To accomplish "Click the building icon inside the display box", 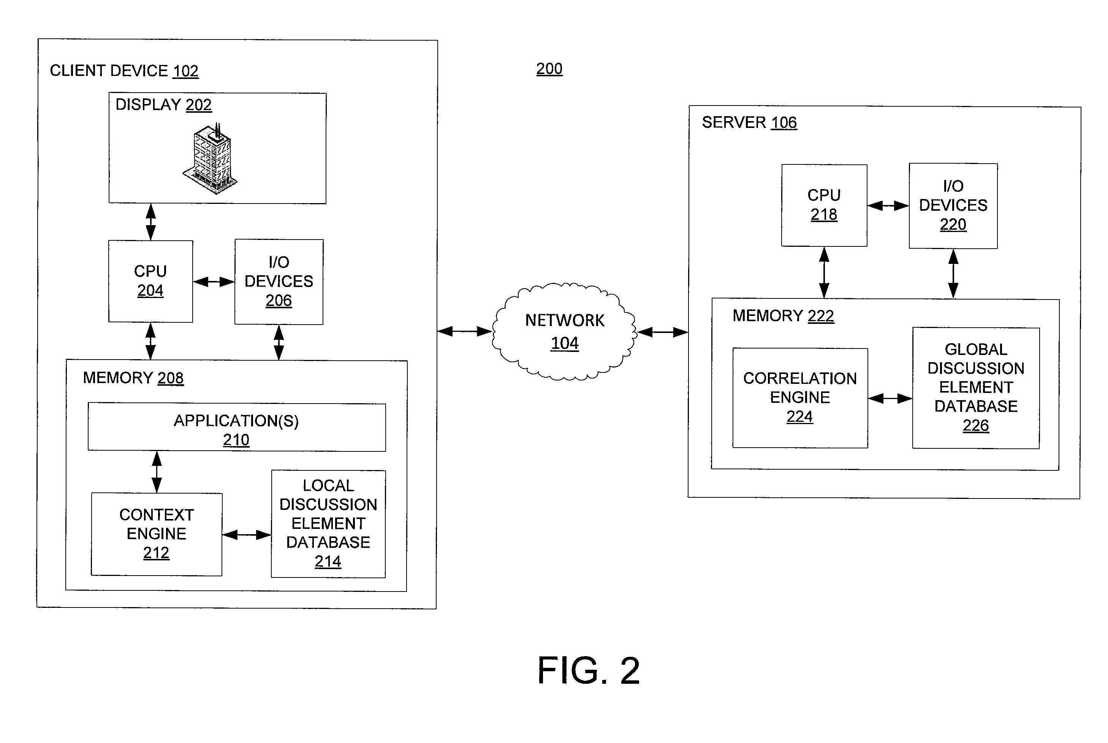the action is [211, 158].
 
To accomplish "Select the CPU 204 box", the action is [150, 281].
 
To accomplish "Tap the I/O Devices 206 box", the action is [279, 282].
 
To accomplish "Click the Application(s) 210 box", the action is [237, 427].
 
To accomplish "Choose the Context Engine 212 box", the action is [157, 534].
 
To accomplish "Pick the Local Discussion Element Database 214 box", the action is [328, 524].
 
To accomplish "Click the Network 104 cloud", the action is [564, 332].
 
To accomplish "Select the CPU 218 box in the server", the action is [824, 205].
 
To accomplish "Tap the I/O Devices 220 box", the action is [953, 206].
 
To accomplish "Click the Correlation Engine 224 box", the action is [800, 398].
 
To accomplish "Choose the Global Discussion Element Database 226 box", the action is [976, 388].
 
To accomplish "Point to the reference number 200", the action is [549, 69].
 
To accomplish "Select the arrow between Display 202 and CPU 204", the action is [151, 222].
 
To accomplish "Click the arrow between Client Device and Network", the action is [464, 331].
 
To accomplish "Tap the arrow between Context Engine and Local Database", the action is [247, 535].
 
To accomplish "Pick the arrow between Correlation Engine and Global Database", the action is [890, 399].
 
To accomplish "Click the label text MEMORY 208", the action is [133, 378].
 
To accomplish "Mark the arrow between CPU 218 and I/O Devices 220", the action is [888, 206].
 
